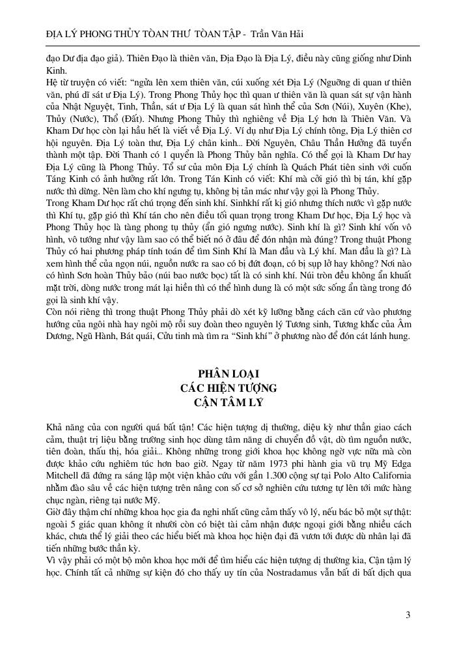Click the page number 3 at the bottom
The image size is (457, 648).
click(x=408, y=614)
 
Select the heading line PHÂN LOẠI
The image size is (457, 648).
click(x=228, y=374)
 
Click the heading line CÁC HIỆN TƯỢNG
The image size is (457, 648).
click(x=228, y=388)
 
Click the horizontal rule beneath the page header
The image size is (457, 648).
click(x=228, y=46)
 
